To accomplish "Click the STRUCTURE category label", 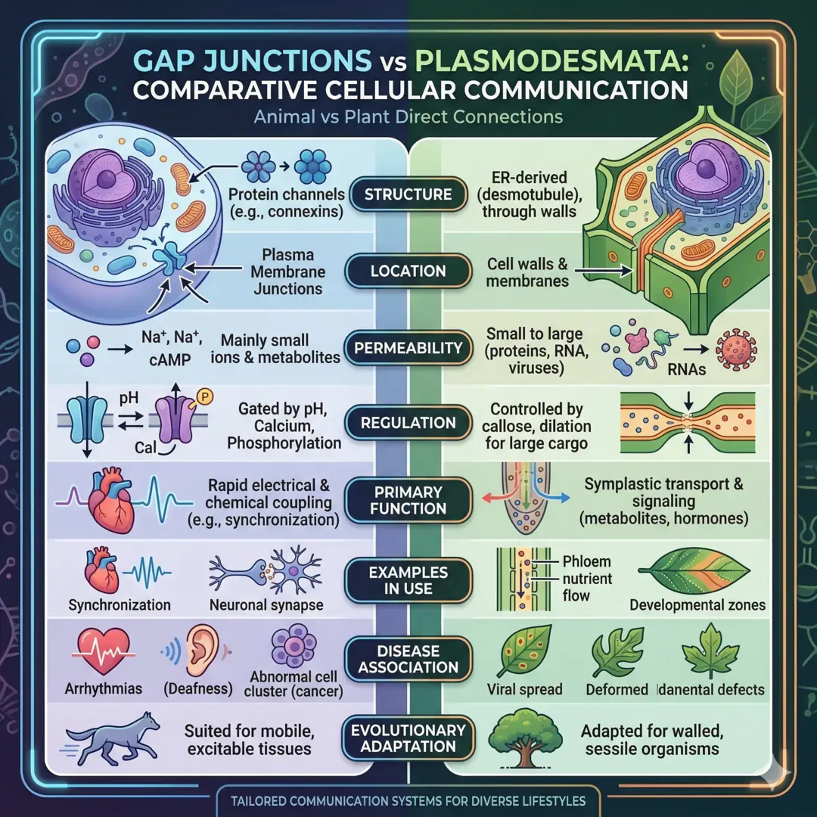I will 408,194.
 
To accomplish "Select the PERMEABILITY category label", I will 408,349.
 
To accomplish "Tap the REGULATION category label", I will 408,423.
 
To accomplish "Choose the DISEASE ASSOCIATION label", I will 408,659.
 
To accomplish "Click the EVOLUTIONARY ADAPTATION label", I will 408,739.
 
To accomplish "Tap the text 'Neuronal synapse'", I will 266,605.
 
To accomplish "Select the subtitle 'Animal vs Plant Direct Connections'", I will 408,117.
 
